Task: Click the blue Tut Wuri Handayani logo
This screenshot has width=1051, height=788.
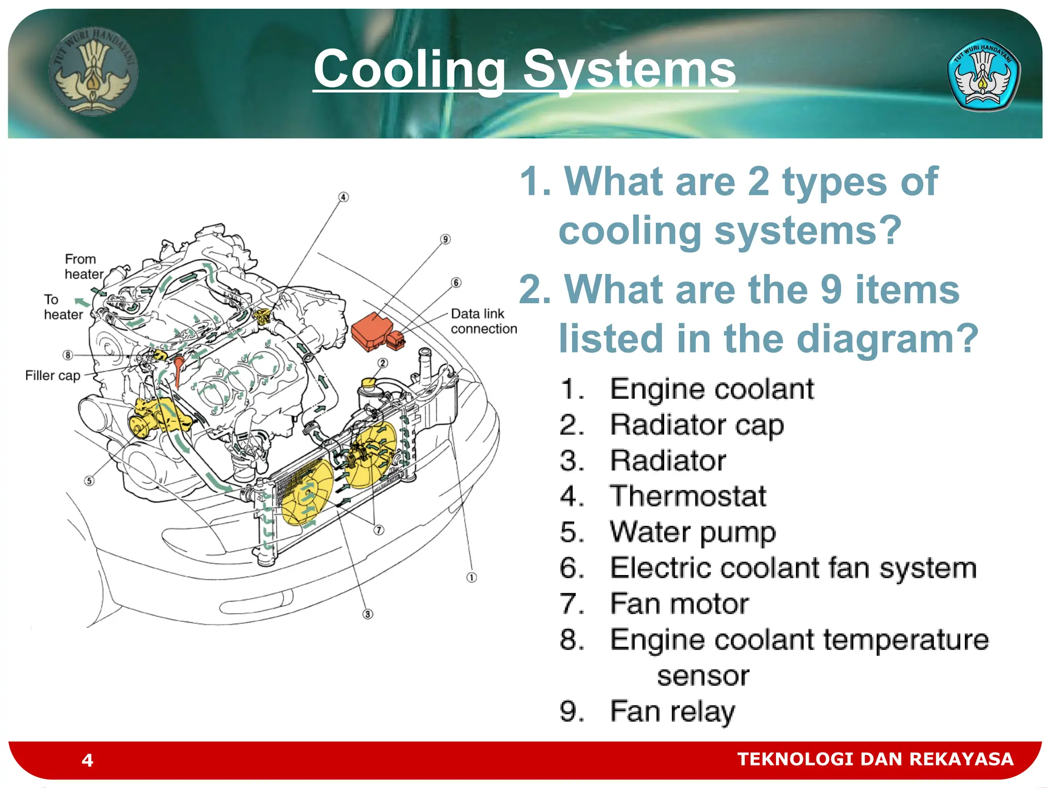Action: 983,75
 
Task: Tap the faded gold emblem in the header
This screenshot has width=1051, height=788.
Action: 93,71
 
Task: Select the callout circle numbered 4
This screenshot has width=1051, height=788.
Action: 343,198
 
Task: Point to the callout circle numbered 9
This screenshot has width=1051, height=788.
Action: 445,239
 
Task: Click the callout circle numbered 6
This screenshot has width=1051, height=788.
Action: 456,283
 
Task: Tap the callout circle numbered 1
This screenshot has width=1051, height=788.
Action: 472,578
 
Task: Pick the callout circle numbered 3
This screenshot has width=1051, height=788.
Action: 367,614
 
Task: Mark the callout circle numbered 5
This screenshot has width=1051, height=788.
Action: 89,481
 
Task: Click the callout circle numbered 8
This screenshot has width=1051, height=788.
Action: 68,355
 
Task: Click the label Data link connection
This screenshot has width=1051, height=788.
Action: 483,321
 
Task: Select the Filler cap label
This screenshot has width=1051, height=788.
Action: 53,376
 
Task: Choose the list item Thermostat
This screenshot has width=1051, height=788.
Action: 687,496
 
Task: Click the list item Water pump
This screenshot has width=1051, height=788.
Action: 692,532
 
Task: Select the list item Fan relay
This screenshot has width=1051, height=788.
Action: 672,712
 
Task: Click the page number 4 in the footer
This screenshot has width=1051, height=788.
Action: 87,760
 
